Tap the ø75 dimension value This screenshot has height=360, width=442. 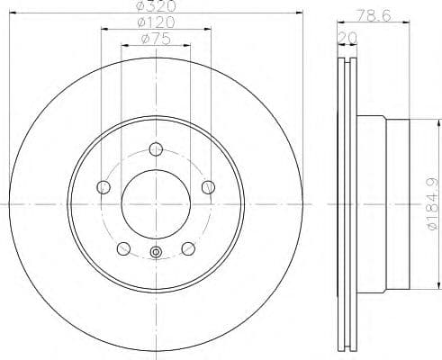click(156, 39)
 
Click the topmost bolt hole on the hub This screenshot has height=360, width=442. click(156, 149)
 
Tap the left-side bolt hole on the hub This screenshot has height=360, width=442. click(103, 187)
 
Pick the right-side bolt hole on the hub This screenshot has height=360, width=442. click(209, 187)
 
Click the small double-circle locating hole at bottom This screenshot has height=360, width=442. click(156, 254)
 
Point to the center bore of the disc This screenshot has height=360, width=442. click(156, 204)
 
